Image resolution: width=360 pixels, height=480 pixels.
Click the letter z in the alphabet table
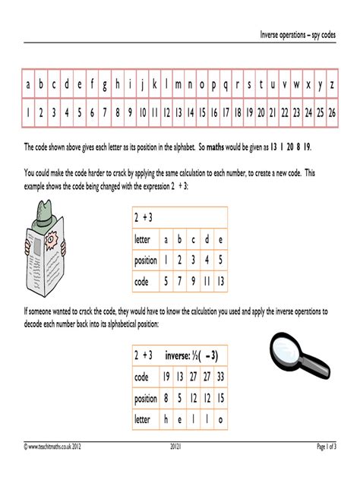(333, 85)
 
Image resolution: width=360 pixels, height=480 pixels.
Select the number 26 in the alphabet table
(333, 112)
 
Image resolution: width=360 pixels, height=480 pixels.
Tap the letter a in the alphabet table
(29, 85)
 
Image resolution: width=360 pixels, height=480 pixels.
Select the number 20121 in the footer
(179, 466)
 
